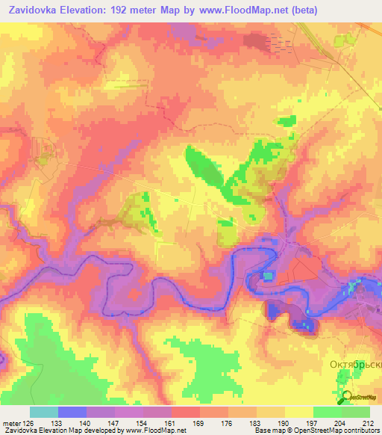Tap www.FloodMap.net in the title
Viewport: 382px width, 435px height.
pyautogui.click(x=241, y=10)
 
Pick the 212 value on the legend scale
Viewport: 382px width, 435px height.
pyautogui.click(x=369, y=422)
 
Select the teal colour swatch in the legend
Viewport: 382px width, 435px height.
pyautogui.click(x=44, y=412)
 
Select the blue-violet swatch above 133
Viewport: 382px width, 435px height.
pyautogui.click(x=72, y=412)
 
